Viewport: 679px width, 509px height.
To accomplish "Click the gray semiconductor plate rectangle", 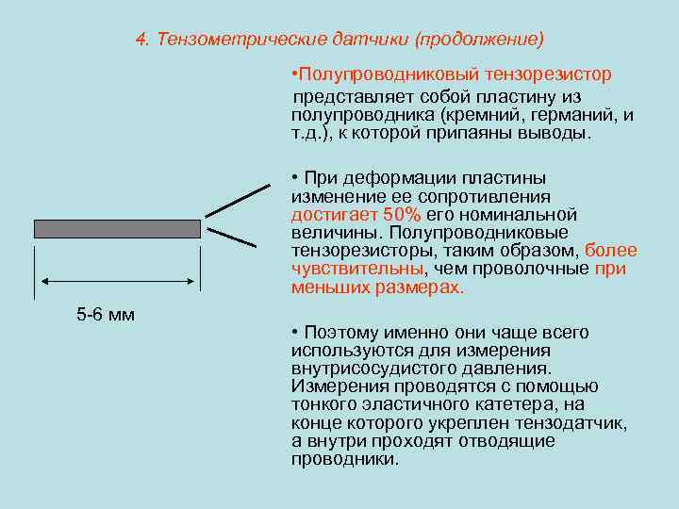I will (x=117, y=228).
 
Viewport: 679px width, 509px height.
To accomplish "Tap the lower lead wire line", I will (x=232, y=238).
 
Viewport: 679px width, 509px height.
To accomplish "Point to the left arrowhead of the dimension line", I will (x=41, y=280).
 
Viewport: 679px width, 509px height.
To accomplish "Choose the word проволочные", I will (x=531, y=268).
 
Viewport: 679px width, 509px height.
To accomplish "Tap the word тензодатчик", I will (x=574, y=423).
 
